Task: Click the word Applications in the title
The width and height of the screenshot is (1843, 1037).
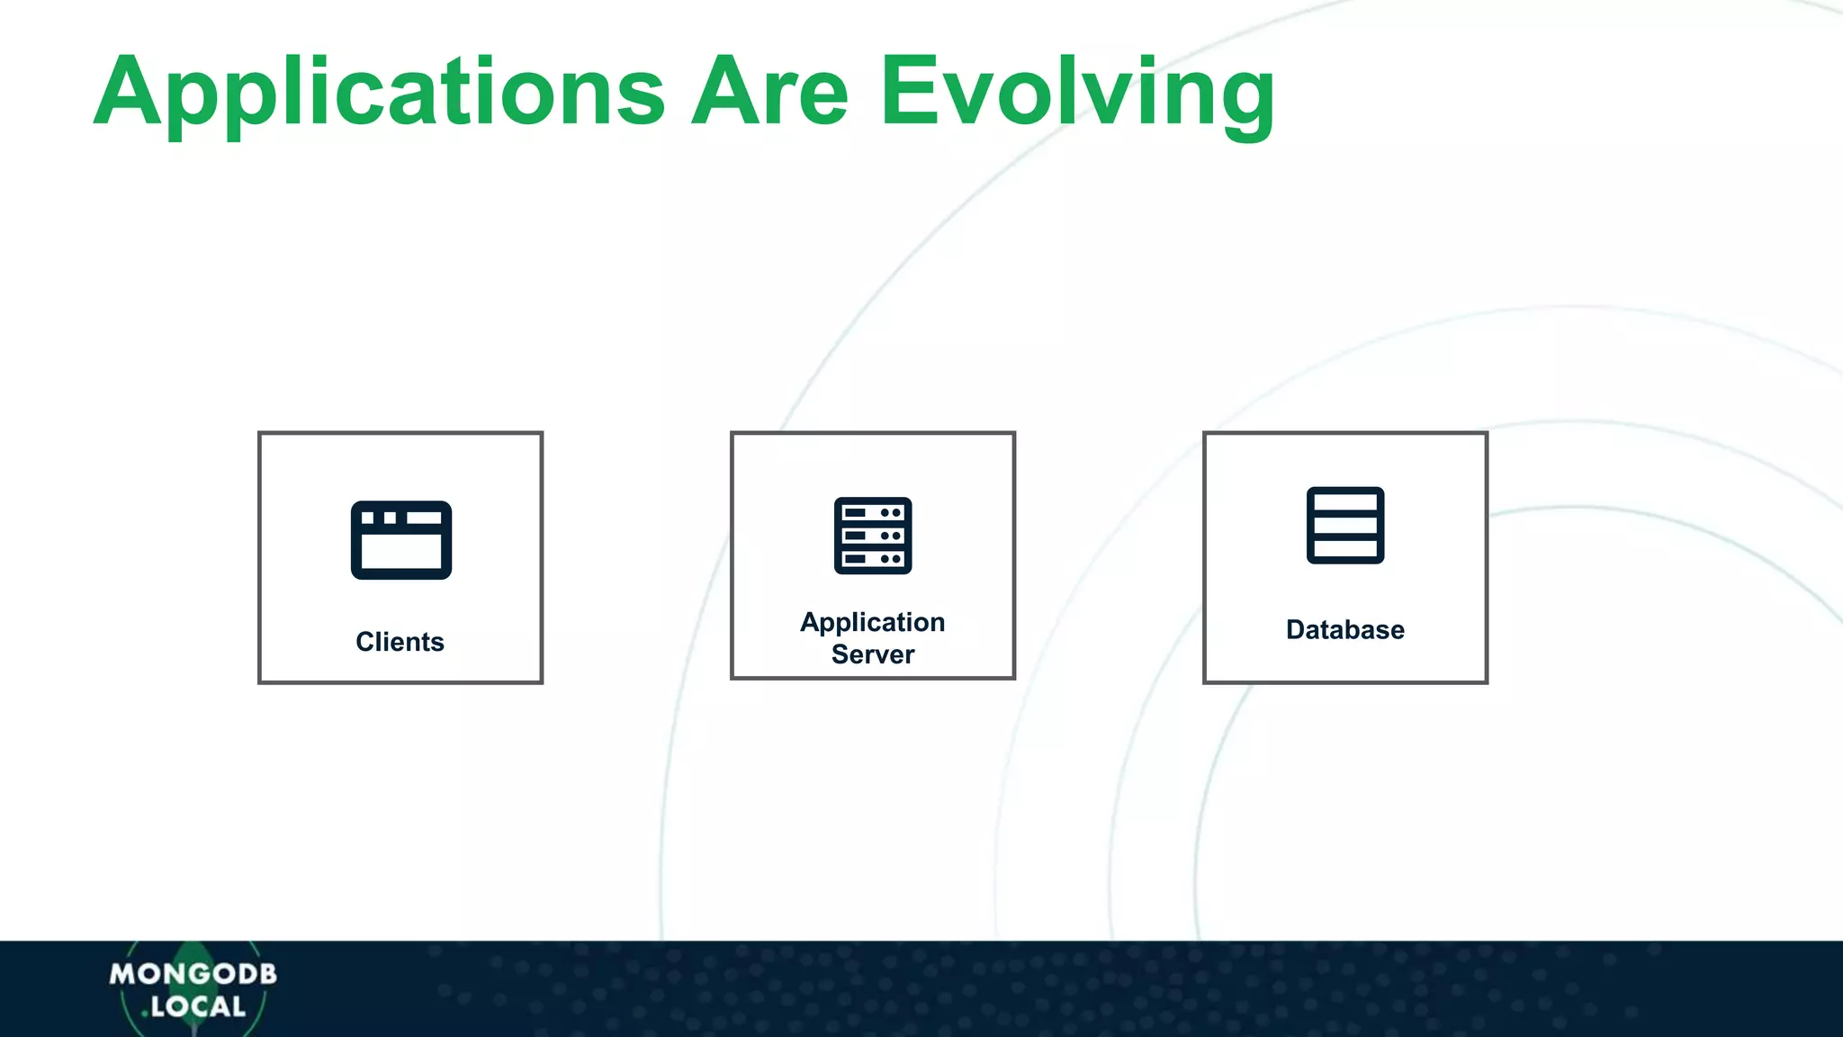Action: [x=378, y=92]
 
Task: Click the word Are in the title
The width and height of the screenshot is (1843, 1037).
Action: [x=769, y=92]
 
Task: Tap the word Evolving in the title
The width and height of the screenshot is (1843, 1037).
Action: [x=1076, y=92]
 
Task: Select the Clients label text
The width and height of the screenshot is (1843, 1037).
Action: [x=400, y=642]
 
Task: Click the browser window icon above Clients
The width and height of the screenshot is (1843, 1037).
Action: [x=401, y=540]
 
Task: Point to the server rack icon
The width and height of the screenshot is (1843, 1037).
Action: [x=873, y=536]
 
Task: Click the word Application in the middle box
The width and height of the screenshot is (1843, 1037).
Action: [x=872, y=622]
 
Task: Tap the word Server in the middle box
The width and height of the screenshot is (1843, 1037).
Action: [x=872, y=654]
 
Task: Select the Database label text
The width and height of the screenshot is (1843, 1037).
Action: [x=1344, y=629]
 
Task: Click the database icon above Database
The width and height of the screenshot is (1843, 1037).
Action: [x=1345, y=526]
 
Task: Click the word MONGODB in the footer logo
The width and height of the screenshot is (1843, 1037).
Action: [x=193, y=974]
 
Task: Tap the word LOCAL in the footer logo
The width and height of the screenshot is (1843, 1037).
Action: [x=198, y=1006]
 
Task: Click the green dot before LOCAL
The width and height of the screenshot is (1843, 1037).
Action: [x=144, y=1014]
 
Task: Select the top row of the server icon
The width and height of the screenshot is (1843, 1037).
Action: [x=873, y=512]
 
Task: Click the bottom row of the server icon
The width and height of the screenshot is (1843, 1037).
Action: [x=873, y=559]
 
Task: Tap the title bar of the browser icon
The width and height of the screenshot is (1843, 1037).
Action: [x=401, y=518]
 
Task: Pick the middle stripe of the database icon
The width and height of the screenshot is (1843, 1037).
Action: [x=1345, y=526]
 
